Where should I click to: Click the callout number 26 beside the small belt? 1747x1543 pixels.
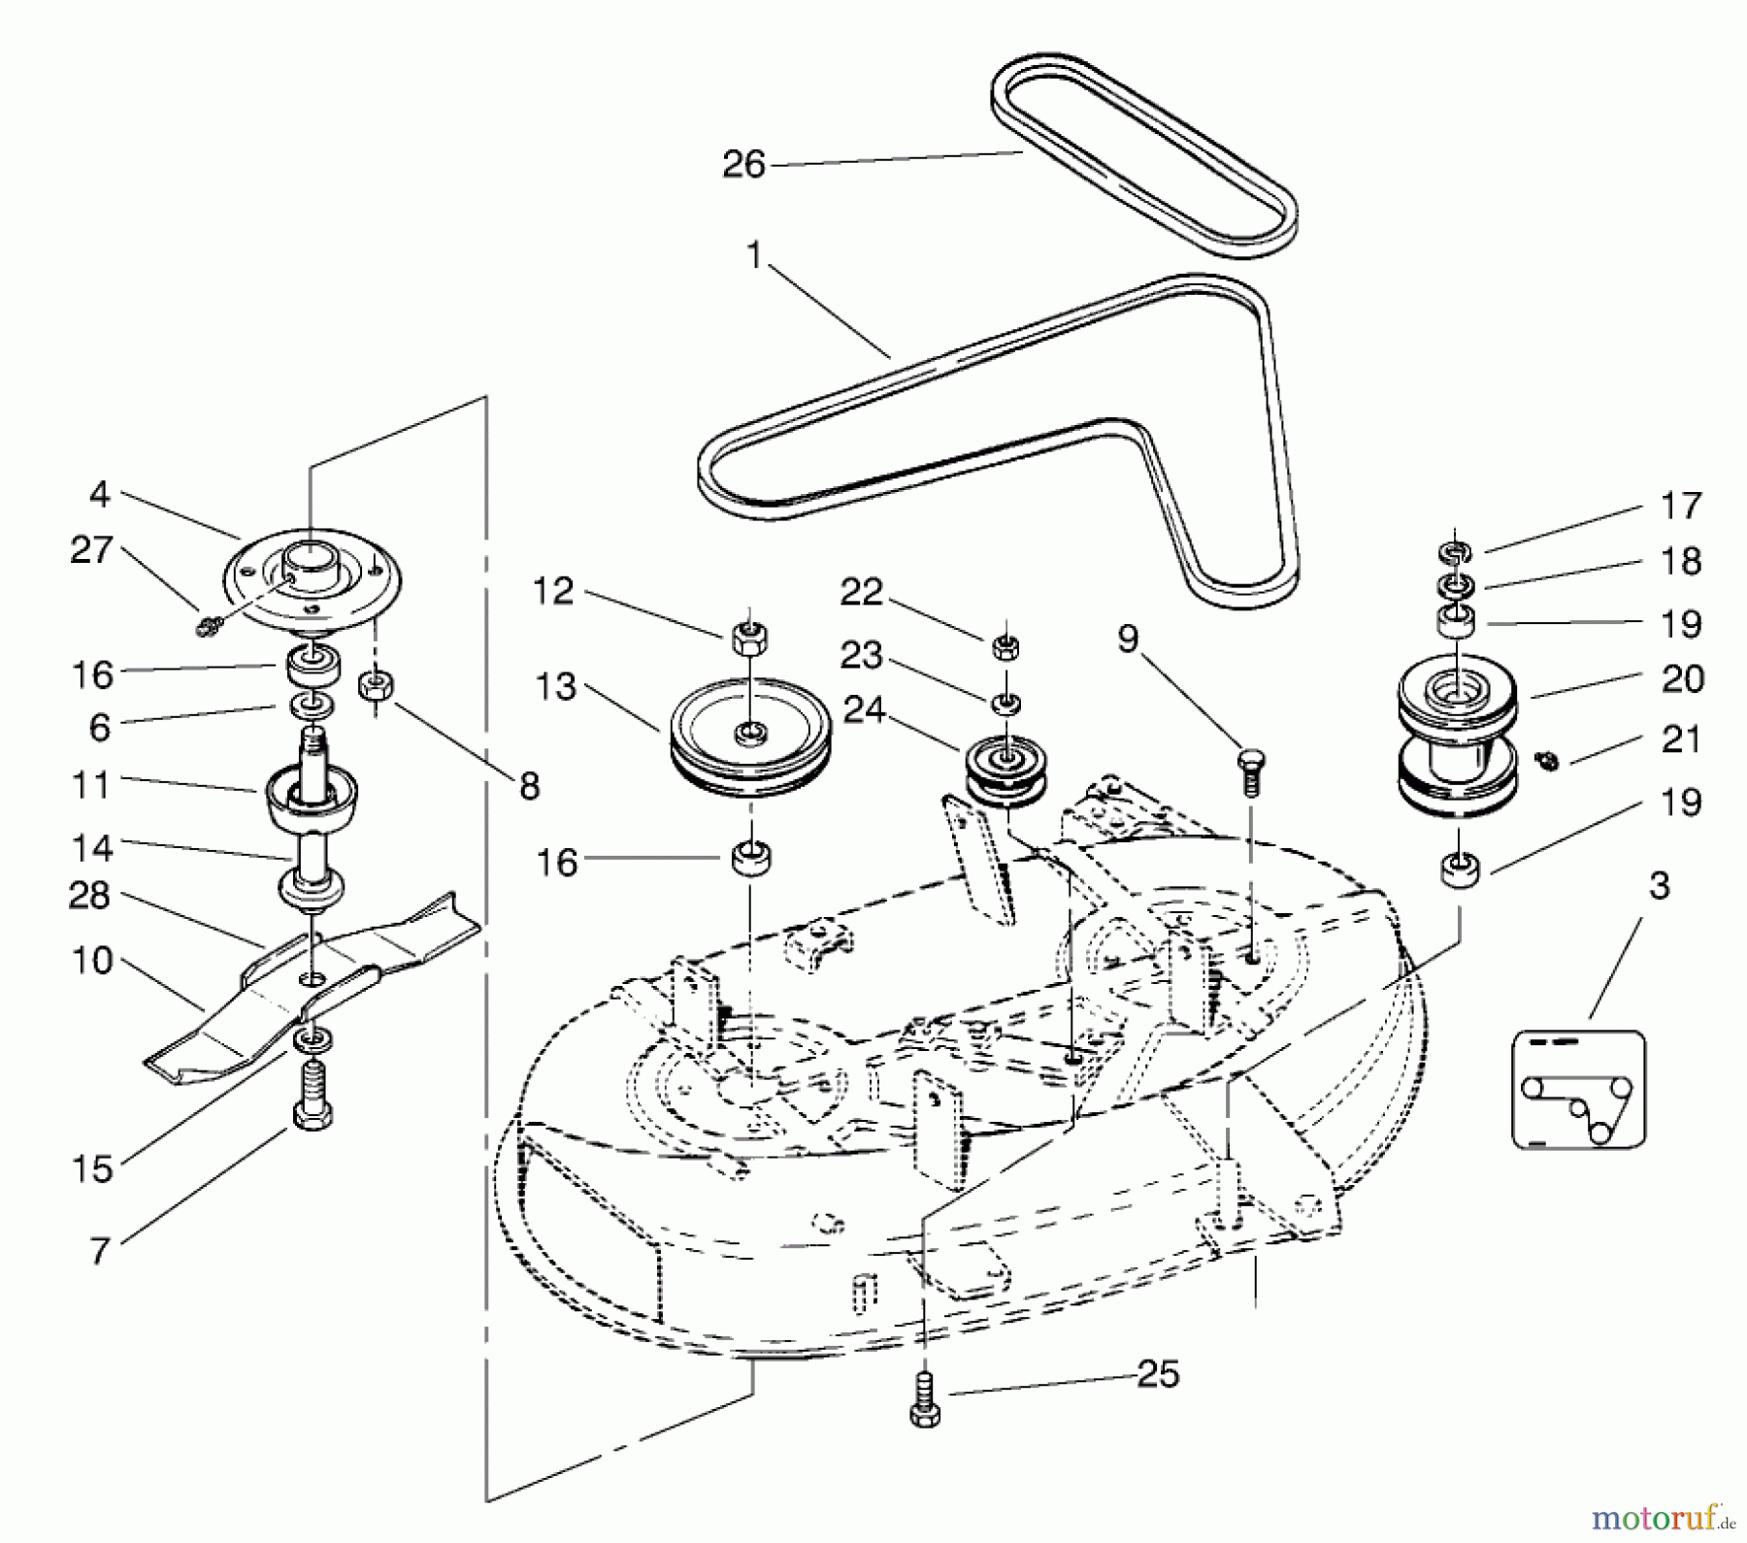743,164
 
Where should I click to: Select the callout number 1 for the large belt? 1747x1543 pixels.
754,255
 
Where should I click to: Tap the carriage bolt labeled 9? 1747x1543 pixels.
1250,771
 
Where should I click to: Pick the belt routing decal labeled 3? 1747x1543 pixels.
1578,1090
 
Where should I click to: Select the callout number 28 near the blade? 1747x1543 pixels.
89,895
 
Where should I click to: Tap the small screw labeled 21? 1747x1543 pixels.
1548,761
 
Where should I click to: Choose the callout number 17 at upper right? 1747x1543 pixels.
1680,506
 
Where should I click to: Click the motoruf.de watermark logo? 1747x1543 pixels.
1661,1516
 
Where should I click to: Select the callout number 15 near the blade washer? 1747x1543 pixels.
92,1169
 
